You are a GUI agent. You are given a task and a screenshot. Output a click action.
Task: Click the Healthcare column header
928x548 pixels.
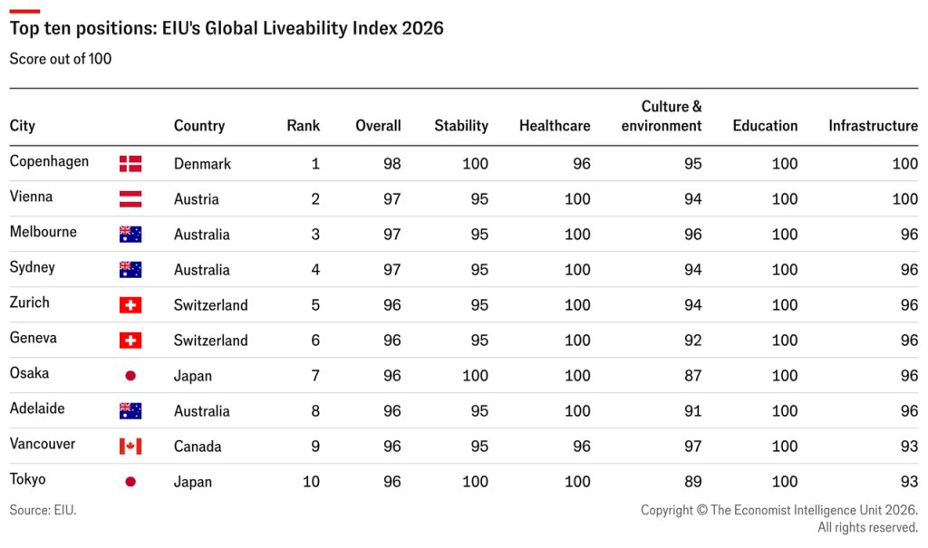(x=555, y=126)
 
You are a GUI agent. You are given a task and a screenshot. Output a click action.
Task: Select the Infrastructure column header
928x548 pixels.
(x=873, y=126)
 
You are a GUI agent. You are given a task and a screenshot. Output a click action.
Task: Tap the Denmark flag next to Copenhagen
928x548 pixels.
(x=130, y=164)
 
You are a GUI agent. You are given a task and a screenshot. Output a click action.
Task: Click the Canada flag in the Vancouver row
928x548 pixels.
(x=130, y=447)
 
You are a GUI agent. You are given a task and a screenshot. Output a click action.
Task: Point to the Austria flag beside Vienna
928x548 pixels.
(x=130, y=199)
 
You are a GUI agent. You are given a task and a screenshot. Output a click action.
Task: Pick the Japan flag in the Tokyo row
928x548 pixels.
(x=130, y=482)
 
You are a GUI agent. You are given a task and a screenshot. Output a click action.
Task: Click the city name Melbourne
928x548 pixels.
(x=43, y=231)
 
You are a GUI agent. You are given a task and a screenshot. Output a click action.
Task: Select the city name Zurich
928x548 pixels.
(x=30, y=303)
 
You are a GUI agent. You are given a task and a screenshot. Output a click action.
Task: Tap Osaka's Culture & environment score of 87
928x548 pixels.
(x=692, y=376)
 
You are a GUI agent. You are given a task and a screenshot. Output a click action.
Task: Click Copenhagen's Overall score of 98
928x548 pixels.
(x=391, y=164)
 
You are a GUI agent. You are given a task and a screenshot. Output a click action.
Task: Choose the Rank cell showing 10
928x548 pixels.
(x=312, y=482)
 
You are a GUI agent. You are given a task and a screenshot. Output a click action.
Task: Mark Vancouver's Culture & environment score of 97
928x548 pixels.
(x=692, y=447)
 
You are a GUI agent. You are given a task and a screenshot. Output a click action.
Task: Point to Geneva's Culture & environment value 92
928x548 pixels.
(x=692, y=341)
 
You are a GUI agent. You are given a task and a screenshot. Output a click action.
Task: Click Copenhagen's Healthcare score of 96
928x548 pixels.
(x=581, y=164)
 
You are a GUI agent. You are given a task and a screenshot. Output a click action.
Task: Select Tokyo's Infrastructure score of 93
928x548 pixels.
(x=909, y=482)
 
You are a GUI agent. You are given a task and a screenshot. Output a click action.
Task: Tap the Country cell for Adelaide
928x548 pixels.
(x=202, y=411)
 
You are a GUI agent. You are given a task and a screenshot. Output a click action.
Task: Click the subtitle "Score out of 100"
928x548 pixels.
(x=61, y=59)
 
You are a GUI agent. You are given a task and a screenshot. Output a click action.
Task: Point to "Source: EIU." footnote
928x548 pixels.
(x=43, y=510)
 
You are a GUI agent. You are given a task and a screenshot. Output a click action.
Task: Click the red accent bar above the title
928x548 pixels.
(x=24, y=11)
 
